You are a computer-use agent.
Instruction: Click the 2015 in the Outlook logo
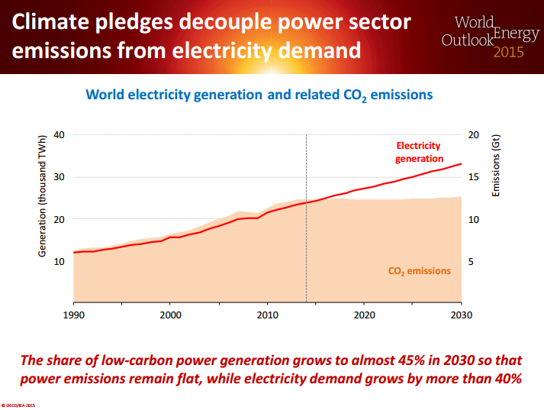pos(509,53)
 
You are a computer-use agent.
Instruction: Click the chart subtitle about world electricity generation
pos(259,95)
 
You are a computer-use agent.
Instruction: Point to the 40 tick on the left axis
pos(60,134)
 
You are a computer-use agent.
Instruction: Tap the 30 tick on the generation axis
pos(60,177)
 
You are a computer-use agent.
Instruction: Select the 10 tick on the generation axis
pos(60,261)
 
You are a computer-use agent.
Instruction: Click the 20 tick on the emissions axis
pos(473,134)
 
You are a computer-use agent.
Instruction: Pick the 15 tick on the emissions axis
pos(473,177)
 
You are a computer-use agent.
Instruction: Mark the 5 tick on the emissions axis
pos(471,261)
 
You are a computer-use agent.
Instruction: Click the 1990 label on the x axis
pos(73,315)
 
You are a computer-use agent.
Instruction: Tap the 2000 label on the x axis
pos(170,315)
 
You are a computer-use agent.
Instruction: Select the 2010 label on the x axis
pos(267,315)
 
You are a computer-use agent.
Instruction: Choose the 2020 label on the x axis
pos(365,315)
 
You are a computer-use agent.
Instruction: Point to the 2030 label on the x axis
pos(462,315)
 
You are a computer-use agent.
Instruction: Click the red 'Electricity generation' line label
pos(418,152)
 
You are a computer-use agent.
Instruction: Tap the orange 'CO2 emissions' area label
pos(420,271)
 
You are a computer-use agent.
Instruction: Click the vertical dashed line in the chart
pos(306,229)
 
